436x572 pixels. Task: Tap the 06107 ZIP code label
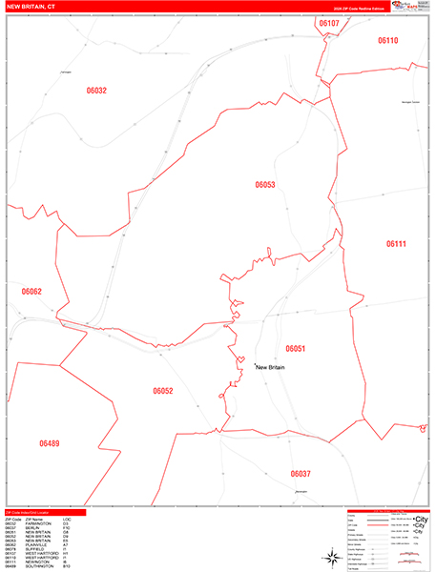[329, 22]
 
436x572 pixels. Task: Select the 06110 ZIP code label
[387, 41]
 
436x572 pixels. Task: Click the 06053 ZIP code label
[265, 185]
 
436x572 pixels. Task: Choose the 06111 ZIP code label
[396, 244]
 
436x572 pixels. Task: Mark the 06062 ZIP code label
[31, 292]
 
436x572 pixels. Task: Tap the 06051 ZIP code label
[294, 349]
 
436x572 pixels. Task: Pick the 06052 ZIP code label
[163, 391]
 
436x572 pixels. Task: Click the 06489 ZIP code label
[49, 443]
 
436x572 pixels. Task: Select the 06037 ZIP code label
[301, 474]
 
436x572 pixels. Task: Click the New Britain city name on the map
[271, 367]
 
